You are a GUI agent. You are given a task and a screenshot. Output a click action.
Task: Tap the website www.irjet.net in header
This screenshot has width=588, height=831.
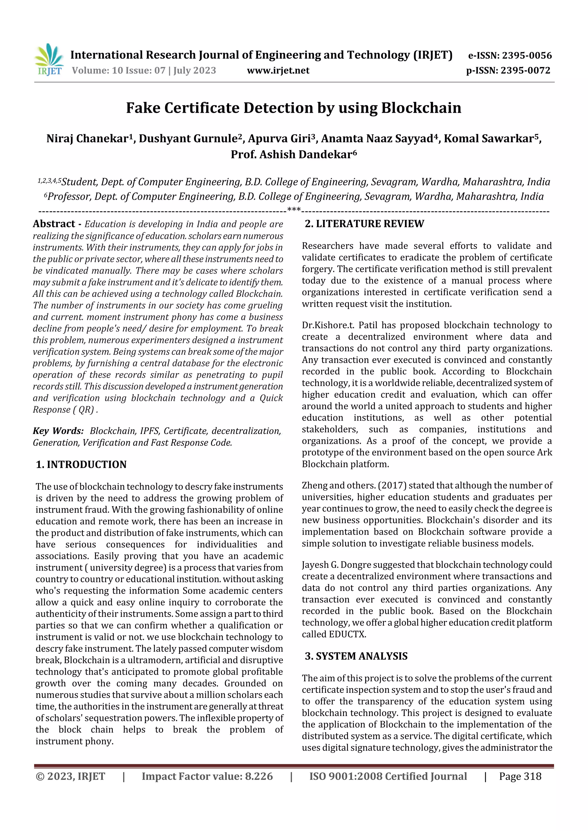coord(278,70)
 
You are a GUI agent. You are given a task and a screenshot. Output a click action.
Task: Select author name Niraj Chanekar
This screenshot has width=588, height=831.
coord(87,139)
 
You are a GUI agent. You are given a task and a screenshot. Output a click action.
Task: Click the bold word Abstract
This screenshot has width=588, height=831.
coord(54,224)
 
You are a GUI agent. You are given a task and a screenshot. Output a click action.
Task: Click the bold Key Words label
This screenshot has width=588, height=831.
coord(58,431)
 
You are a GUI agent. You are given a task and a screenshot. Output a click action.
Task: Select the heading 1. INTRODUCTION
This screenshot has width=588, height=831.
coord(81,464)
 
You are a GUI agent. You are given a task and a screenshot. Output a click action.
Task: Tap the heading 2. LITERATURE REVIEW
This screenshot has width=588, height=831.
coord(364,224)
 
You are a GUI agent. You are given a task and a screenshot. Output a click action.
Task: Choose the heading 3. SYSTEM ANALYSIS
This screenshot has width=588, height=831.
coord(356,656)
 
